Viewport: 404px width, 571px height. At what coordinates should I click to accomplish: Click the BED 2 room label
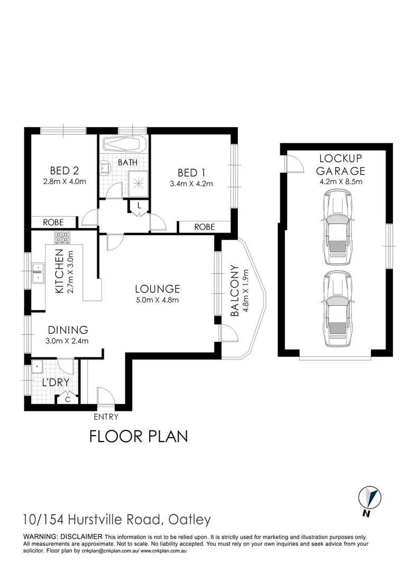point(65,170)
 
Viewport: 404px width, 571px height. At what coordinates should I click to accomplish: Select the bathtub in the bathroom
point(124,144)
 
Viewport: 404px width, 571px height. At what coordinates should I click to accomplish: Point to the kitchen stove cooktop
point(62,236)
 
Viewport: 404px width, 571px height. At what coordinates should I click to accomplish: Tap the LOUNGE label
point(157,289)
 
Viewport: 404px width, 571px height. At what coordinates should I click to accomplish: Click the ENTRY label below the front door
point(106,417)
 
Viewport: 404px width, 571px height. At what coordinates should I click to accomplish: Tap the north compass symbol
point(370,499)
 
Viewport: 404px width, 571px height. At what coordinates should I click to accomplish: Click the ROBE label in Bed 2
point(53,222)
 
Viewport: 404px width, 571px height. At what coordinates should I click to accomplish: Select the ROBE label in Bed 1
point(205,227)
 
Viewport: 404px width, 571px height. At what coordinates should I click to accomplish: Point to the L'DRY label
point(52,383)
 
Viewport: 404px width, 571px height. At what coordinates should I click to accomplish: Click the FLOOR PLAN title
point(139,437)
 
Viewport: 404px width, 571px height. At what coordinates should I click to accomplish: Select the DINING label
point(66,329)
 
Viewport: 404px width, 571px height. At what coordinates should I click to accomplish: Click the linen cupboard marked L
point(139,205)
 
